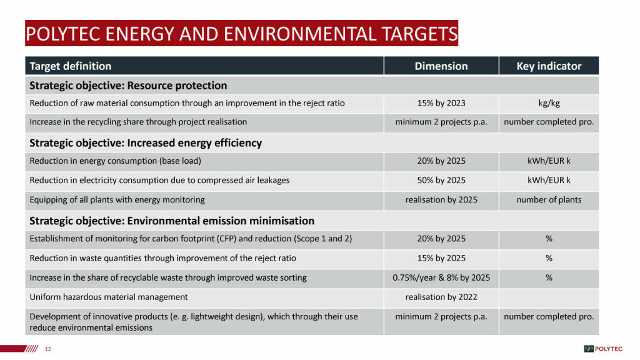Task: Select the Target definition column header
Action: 70,66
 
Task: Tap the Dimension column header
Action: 441,66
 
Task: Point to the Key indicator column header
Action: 549,66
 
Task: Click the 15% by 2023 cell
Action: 441,103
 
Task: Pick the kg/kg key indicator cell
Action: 549,103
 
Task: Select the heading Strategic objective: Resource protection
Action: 128,86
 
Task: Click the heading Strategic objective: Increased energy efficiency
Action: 146,143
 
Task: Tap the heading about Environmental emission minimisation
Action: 172,221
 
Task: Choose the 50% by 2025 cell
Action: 441,181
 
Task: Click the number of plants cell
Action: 549,200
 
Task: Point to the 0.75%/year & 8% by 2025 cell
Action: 441,278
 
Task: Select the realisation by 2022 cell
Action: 441,297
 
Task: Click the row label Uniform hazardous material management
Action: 109,297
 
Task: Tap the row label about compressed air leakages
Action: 159,181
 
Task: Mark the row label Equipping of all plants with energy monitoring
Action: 117,200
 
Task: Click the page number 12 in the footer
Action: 48,349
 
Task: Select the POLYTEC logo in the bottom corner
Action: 603,349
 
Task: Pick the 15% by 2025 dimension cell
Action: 441,258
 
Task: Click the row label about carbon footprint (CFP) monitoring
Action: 191,239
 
